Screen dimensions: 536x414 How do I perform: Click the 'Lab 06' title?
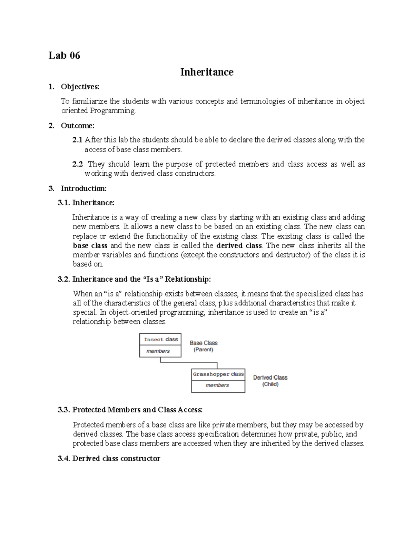[64, 56]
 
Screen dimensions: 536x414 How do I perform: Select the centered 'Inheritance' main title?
[207, 72]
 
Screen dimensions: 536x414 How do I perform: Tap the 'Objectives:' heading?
[80, 87]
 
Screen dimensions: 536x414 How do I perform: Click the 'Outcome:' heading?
[78, 126]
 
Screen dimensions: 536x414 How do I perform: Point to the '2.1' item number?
[77, 140]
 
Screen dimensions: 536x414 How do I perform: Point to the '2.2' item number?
[77, 164]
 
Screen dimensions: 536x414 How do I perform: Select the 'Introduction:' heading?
[83, 188]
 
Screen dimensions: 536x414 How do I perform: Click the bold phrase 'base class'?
[90, 246]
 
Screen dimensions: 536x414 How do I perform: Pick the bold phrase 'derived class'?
[239, 246]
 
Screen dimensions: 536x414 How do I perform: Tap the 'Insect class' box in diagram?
[160, 340]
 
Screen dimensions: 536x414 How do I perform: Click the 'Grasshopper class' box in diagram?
[218, 374]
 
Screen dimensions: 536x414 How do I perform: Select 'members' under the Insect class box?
[158, 351]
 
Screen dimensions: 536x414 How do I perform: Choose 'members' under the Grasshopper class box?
[217, 385]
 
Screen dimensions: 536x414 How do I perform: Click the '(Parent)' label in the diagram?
[203, 350]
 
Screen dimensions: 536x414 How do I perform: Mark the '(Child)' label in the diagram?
[270, 384]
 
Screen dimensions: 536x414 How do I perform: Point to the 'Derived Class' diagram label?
[270, 378]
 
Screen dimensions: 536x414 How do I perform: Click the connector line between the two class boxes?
[188, 362]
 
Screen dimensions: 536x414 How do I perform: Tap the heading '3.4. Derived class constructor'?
[109, 459]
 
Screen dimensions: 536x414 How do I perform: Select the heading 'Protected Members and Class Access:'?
[137, 410]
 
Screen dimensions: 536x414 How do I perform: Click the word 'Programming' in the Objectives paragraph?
[112, 111]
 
